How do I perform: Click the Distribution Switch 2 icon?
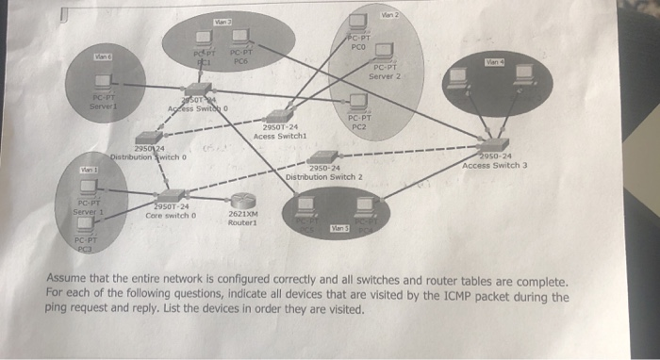324,156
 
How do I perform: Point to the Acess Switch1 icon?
278,115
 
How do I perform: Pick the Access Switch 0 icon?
192,99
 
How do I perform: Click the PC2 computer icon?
357,100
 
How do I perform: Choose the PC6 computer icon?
238,39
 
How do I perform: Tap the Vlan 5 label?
337,228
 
